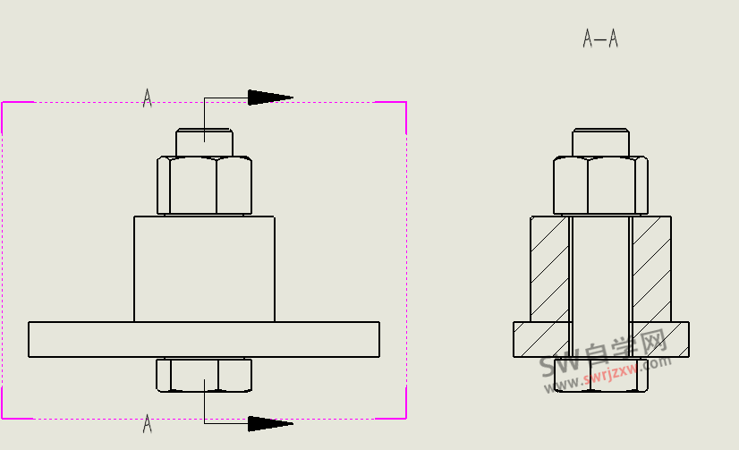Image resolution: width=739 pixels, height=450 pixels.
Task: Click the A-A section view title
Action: click(x=600, y=38)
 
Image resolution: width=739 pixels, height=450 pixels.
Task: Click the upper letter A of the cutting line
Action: click(x=148, y=98)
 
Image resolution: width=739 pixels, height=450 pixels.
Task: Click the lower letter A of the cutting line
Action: click(x=148, y=424)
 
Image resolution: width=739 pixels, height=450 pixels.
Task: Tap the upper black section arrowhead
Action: click(x=269, y=97)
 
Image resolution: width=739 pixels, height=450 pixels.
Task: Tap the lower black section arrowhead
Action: click(x=269, y=423)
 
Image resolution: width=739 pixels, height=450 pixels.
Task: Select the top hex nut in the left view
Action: click(x=204, y=186)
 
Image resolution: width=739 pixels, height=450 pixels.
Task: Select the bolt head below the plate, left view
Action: click(x=204, y=375)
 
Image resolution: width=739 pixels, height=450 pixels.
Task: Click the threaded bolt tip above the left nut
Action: click(x=204, y=142)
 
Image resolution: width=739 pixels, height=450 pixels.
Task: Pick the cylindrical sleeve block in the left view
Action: click(x=204, y=268)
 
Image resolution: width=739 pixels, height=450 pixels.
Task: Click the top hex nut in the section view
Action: click(x=600, y=186)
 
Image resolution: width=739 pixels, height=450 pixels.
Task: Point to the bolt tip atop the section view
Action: click(x=600, y=142)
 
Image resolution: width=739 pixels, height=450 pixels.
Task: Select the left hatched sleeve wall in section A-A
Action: click(x=549, y=268)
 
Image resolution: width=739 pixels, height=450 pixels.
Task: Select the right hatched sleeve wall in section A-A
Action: click(x=651, y=268)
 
